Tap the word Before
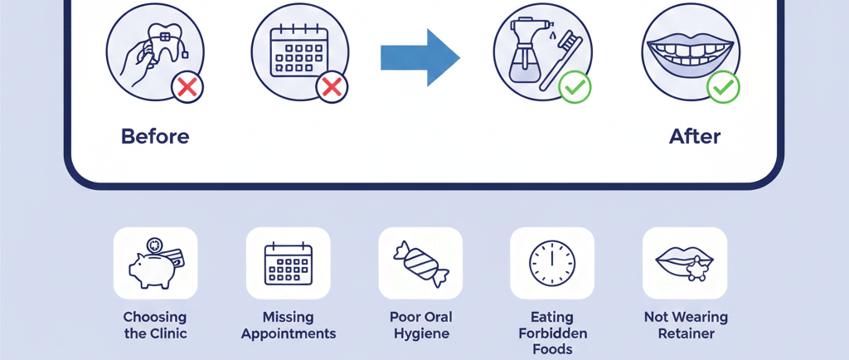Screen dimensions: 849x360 155,136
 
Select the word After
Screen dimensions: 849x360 695,136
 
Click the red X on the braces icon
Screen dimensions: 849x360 187,86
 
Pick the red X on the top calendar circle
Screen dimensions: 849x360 332,86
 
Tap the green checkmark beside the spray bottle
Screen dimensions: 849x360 575,86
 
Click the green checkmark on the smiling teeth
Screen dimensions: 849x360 723,86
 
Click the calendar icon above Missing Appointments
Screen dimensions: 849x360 288,264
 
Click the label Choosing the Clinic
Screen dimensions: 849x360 155,325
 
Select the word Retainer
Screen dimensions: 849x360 686,333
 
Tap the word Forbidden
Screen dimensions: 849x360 551,333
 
